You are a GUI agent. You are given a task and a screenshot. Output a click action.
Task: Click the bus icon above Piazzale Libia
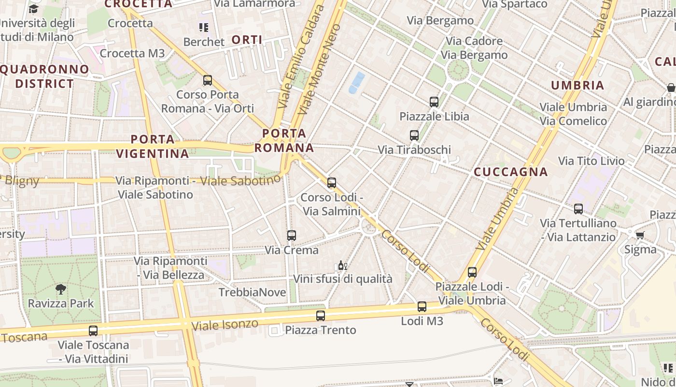click(434, 102)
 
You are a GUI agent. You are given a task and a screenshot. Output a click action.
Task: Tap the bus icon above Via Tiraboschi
click(414, 135)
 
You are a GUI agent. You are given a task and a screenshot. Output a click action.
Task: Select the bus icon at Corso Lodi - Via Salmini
click(331, 183)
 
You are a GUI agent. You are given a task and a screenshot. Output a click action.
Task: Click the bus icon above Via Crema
click(291, 236)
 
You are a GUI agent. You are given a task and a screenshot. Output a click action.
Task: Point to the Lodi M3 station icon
click(422, 307)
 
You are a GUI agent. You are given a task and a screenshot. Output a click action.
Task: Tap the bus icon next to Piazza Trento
click(320, 316)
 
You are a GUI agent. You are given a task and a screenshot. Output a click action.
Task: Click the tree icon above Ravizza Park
click(61, 289)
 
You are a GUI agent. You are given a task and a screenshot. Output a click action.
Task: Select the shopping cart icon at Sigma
click(640, 236)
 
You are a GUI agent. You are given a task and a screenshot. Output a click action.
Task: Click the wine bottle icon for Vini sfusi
click(342, 265)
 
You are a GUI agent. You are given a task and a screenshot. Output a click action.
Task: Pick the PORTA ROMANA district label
click(284, 140)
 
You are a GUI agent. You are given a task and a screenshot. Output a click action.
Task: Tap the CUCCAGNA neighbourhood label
click(511, 172)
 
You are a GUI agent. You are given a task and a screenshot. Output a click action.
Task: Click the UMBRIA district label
click(577, 86)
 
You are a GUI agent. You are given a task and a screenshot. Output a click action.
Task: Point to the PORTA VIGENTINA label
click(153, 147)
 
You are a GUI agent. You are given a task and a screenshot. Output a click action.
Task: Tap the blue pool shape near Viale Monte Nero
click(356, 82)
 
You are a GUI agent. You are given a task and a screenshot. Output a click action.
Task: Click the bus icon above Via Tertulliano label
click(578, 209)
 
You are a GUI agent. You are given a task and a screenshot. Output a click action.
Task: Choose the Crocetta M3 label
click(132, 53)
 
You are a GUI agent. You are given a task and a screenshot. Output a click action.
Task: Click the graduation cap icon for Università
click(33, 9)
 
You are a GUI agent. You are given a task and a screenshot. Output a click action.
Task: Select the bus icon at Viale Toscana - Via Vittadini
click(93, 331)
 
